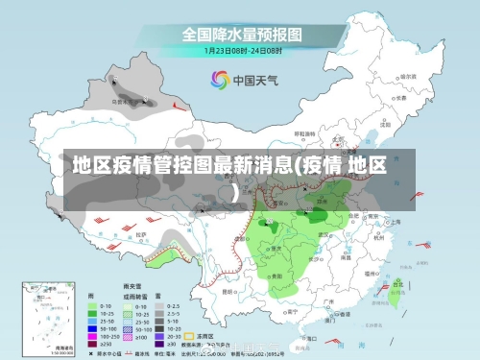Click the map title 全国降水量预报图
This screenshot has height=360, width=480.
tap(241, 34)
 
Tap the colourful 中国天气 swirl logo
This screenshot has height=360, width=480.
tap(220, 80)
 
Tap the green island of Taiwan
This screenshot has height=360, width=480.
tap(397, 289)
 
